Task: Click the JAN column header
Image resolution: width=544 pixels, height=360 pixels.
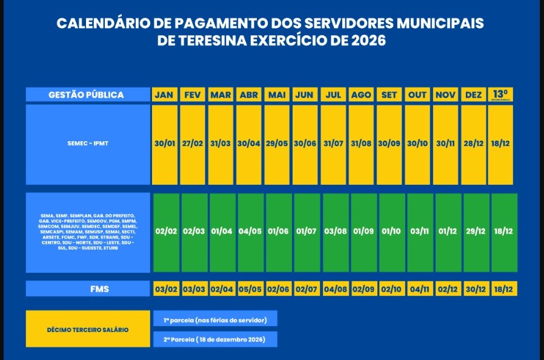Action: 165,95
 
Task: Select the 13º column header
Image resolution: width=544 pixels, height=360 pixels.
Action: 500,95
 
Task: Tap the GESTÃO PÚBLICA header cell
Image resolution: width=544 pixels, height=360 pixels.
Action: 87,95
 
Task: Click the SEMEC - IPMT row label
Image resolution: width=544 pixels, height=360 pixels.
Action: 87,144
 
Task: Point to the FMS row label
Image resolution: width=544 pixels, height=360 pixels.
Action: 87,288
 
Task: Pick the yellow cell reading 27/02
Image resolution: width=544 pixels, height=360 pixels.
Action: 193,144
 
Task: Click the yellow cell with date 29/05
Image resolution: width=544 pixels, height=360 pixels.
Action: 277,144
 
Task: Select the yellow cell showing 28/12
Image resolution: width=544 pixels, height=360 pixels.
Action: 473,144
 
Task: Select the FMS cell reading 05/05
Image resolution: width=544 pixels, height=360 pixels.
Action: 250,288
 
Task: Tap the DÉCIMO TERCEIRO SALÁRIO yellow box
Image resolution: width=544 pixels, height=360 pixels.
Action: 87,329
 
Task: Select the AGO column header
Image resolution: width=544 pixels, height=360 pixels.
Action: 361,95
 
